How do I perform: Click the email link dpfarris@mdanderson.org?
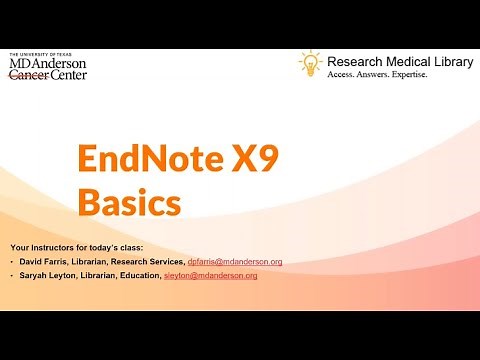[x=235, y=262]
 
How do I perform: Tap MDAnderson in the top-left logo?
[x=47, y=63]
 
